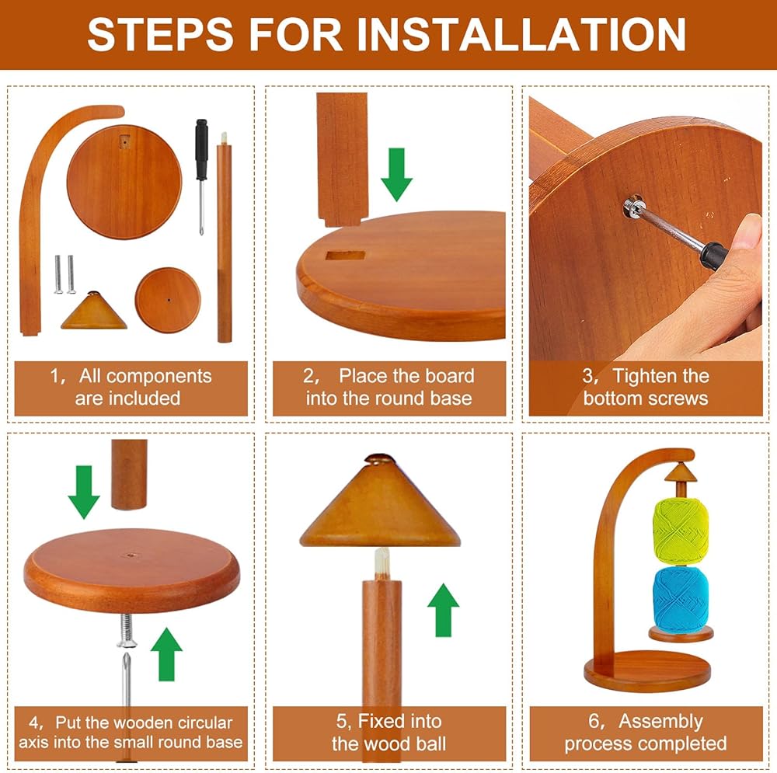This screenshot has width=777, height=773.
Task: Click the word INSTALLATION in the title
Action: click(x=521, y=34)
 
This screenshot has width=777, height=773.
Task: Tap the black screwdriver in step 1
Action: click(x=201, y=176)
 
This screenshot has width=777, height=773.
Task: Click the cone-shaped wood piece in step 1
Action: click(x=94, y=311)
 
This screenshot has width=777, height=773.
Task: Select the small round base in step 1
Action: click(x=168, y=301)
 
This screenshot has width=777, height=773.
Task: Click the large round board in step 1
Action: click(x=124, y=182)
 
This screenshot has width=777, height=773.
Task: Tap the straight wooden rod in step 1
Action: click(x=225, y=238)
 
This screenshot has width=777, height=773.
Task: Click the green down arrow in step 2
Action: click(x=397, y=175)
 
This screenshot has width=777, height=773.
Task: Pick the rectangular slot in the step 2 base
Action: click(x=346, y=256)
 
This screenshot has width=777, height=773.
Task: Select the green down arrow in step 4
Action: click(x=84, y=492)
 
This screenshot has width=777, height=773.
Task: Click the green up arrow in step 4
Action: click(x=166, y=654)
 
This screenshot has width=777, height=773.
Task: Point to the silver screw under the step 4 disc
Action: click(x=127, y=630)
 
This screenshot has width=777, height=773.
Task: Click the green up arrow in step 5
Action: click(x=443, y=610)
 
